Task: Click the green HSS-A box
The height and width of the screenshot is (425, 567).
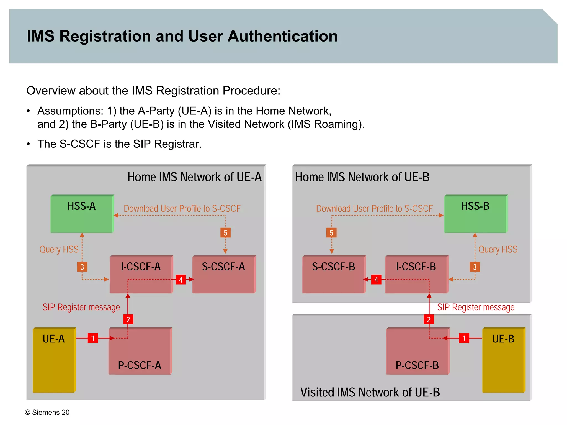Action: click(82, 214)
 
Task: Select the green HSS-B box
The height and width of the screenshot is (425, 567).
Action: click(475, 214)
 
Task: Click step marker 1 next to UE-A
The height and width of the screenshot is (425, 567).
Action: click(93, 338)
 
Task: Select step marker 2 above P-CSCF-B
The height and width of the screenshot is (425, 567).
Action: click(429, 319)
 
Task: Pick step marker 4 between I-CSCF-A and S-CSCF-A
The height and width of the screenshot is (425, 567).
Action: click(181, 280)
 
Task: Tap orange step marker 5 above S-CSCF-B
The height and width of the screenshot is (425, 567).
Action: click(331, 233)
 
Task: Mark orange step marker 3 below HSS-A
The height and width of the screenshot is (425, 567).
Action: click(82, 267)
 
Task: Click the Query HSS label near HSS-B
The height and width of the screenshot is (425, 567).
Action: click(498, 249)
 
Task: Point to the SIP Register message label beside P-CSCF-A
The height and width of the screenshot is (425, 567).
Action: click(81, 307)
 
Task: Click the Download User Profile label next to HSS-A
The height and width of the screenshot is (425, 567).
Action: click(182, 208)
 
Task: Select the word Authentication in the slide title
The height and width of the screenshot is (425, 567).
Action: click(282, 36)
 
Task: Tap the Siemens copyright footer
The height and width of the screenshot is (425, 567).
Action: click(47, 412)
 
